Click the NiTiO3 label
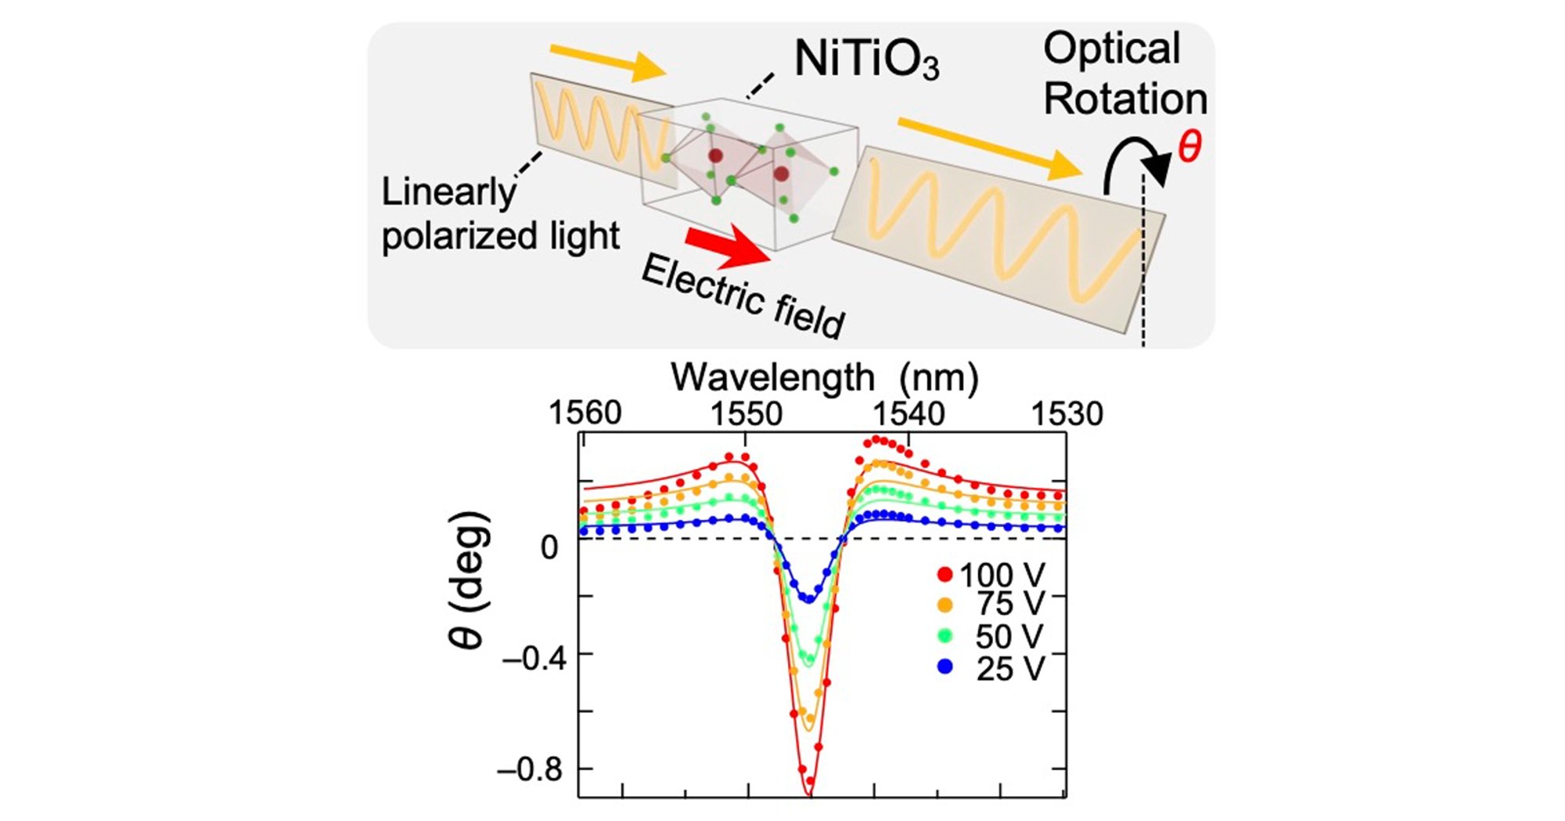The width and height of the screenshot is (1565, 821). click(866, 59)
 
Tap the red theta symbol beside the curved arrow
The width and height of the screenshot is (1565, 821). click(1189, 146)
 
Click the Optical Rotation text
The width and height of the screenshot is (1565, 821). click(1125, 73)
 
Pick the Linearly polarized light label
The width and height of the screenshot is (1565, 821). click(500, 214)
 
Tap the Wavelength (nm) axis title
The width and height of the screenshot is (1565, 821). click(825, 378)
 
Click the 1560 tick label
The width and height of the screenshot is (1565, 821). click(585, 414)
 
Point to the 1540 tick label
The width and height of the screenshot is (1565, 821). click(908, 414)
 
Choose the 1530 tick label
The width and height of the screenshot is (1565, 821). click(1067, 414)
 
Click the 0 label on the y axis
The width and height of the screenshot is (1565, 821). click(550, 547)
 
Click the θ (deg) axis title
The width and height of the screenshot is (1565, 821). click(469, 579)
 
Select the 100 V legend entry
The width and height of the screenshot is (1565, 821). click(991, 575)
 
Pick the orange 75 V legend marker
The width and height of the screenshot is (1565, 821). click(945, 605)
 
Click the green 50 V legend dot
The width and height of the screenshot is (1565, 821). click(945, 636)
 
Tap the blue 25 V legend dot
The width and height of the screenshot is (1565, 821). click(945, 668)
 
